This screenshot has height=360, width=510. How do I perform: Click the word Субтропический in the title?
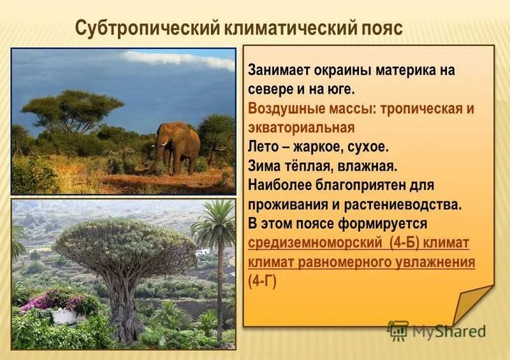click(x=147, y=28)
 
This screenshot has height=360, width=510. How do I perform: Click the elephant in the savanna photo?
click(x=176, y=145)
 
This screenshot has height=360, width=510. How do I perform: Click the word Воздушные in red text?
click(x=285, y=108)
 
